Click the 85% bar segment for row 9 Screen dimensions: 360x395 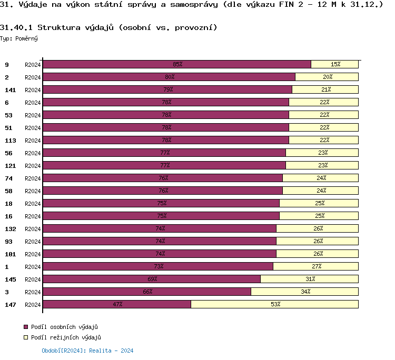[176, 64]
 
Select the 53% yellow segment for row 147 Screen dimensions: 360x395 [274, 304]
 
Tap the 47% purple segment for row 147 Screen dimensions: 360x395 [117, 304]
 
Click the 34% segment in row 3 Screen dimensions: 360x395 [305, 292]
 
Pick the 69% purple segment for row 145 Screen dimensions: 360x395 [152, 279]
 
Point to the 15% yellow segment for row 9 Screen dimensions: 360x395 [335, 64]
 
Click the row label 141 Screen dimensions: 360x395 [10, 90]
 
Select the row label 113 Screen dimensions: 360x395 [10, 141]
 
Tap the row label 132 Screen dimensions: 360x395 [10, 229]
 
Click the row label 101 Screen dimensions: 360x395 [10, 254]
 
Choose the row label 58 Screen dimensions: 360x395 [8, 191]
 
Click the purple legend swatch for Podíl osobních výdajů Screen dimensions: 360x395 [26, 327]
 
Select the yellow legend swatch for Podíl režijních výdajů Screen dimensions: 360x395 [26, 338]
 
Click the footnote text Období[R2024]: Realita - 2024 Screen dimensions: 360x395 [87, 351]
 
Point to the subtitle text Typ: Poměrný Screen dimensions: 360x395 [19, 38]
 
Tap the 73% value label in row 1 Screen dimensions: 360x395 [157, 266]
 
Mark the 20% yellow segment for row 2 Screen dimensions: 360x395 [327, 77]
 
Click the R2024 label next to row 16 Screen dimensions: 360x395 [33, 216]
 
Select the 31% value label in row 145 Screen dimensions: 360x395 [310, 279]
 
